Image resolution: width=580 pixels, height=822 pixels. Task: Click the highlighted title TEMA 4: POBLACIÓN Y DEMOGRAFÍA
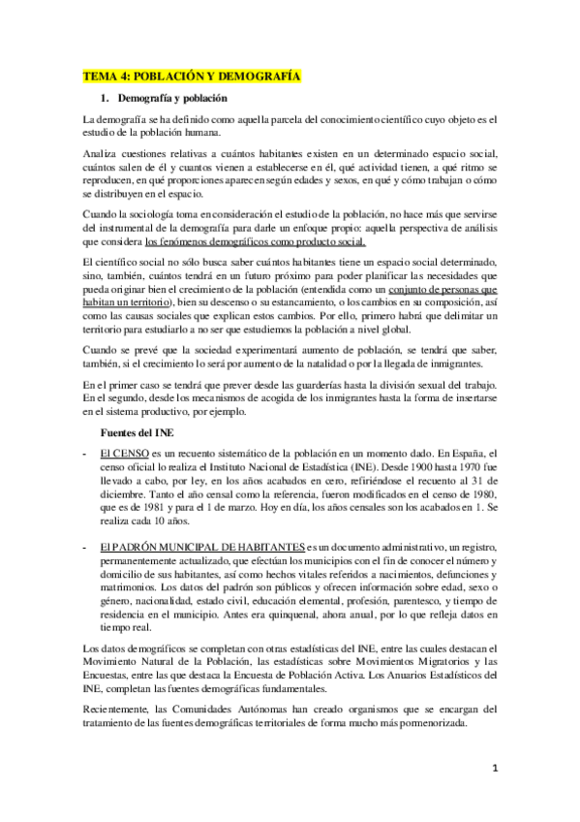click(x=191, y=76)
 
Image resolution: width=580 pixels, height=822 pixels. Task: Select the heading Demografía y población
click(x=172, y=99)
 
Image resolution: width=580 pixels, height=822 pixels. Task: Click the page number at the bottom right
click(x=493, y=767)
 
